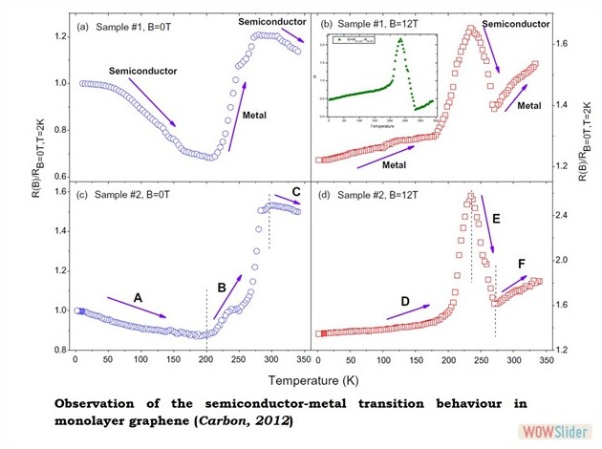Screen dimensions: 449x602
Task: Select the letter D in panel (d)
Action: coord(405,302)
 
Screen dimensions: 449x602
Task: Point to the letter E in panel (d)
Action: coord(496,219)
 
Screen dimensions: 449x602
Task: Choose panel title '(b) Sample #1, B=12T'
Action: coord(376,21)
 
